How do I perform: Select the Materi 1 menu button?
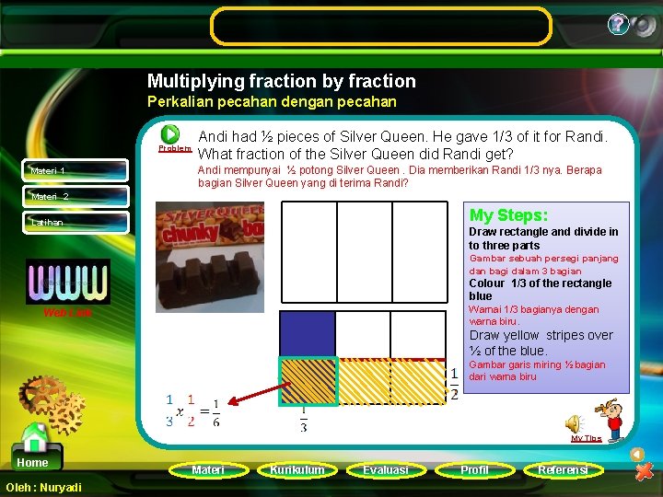(x=76, y=170)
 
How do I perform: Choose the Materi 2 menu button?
(x=76, y=196)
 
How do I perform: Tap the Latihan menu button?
(x=76, y=222)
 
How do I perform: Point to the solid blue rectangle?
(x=307, y=334)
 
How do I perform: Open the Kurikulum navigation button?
(x=297, y=469)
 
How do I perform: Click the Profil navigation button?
(x=474, y=469)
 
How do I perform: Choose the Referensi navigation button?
(x=563, y=469)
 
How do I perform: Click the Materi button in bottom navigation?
(x=207, y=469)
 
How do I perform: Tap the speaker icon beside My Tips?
(x=573, y=422)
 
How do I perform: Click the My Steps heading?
(x=509, y=215)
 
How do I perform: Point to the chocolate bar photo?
(x=209, y=258)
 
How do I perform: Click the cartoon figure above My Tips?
(x=609, y=416)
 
